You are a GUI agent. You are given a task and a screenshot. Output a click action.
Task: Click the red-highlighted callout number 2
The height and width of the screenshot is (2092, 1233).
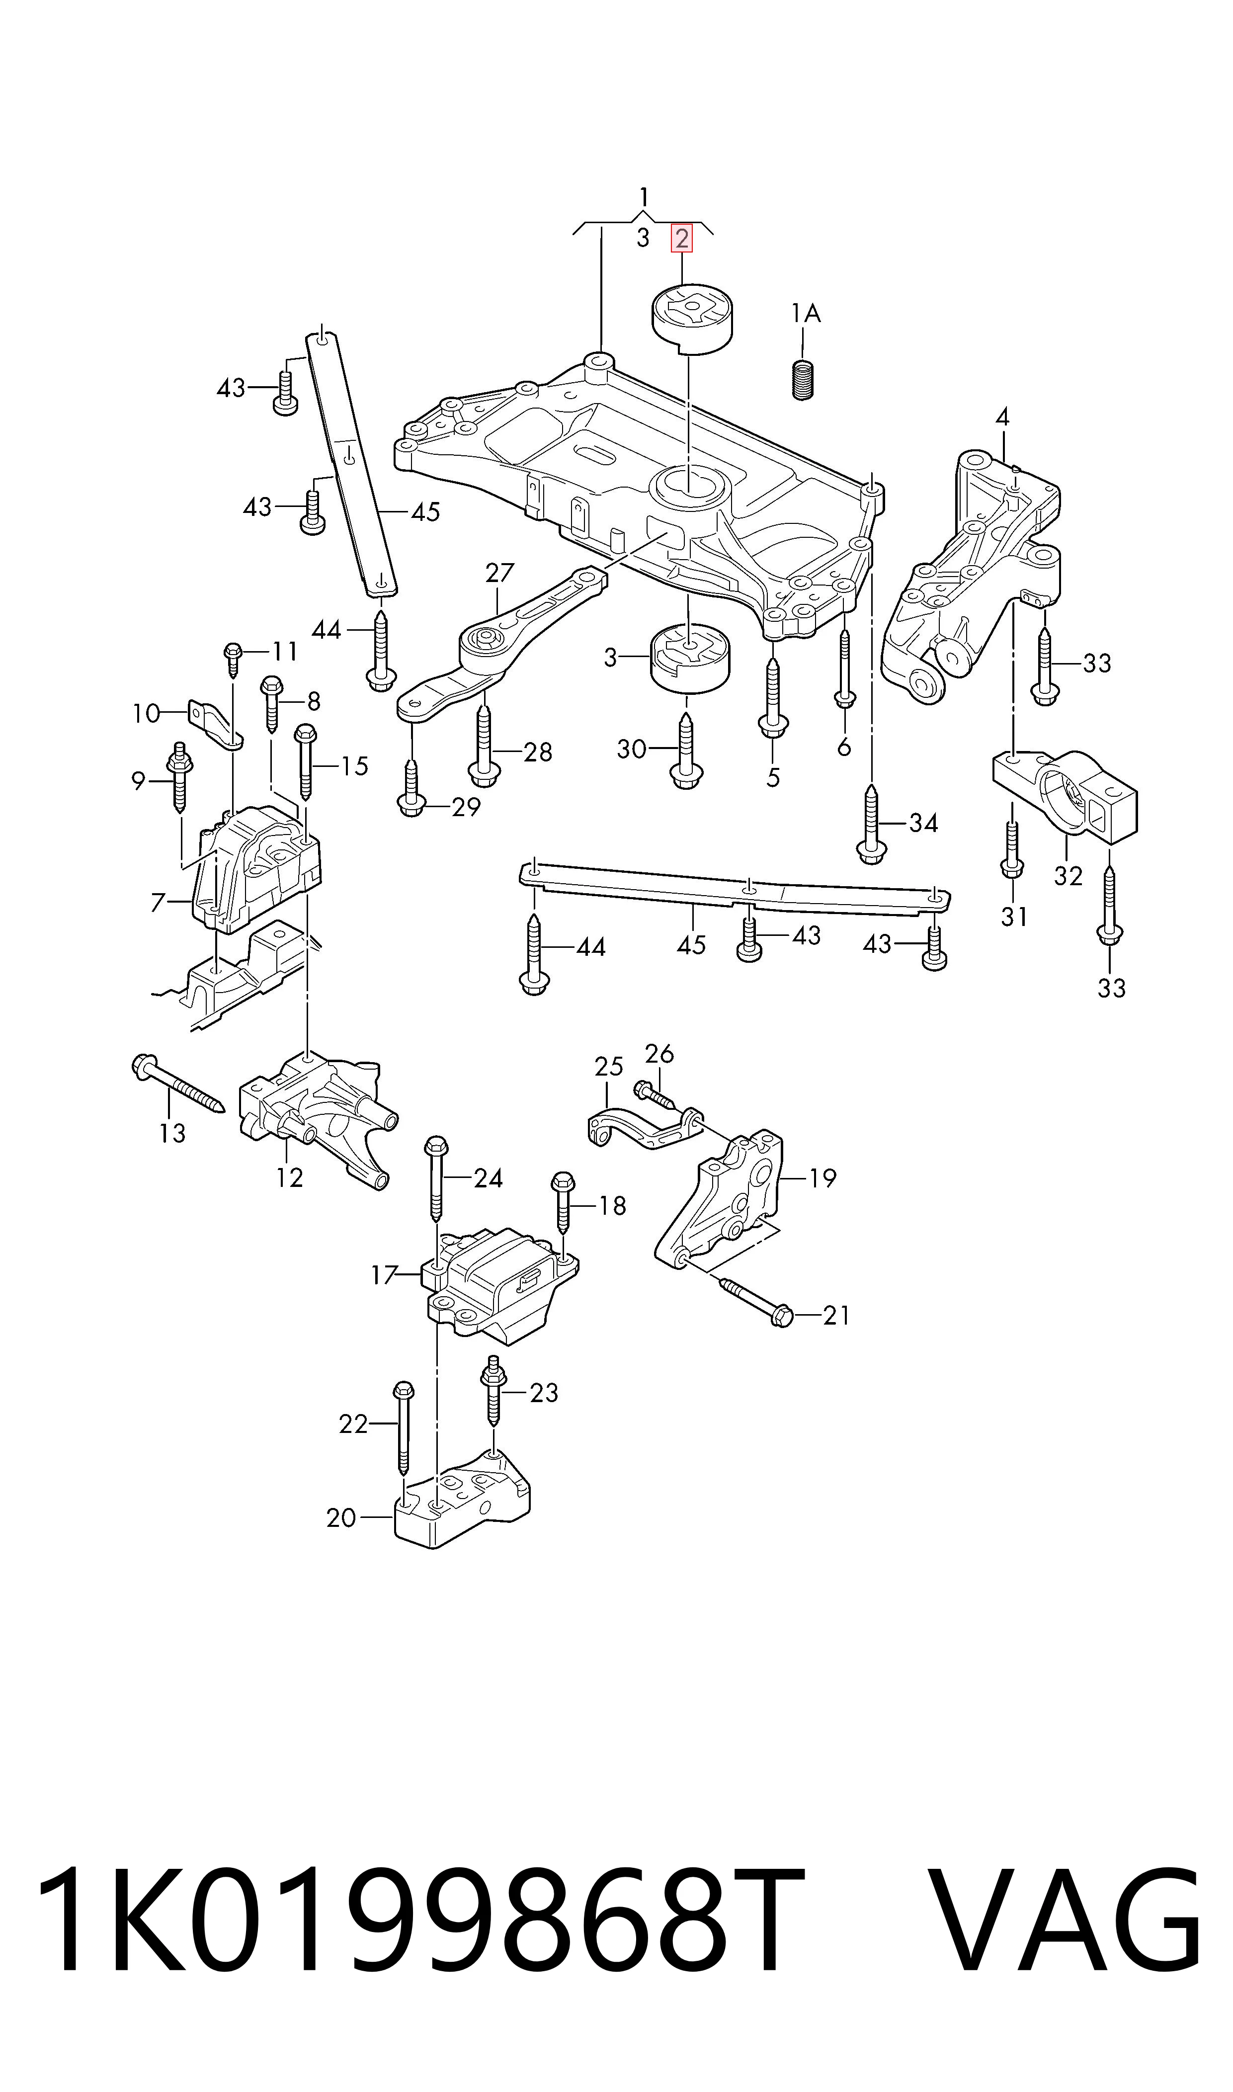tap(681, 239)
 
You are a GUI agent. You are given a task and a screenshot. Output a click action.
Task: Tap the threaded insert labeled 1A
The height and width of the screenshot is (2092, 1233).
tap(802, 381)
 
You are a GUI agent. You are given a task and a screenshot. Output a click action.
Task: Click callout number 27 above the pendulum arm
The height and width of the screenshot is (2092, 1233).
tap(499, 573)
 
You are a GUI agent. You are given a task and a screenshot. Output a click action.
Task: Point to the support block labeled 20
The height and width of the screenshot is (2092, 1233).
tap(462, 1502)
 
